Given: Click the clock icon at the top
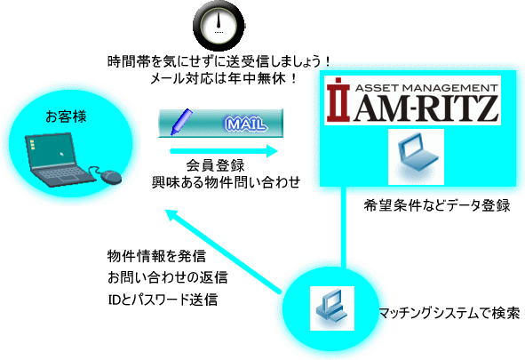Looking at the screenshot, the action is tap(219, 26).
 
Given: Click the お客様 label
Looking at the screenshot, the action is tap(66, 116).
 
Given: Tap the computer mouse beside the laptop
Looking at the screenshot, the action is tap(111, 177).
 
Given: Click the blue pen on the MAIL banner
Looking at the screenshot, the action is tap(181, 122).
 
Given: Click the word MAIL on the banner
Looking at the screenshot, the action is tap(246, 124).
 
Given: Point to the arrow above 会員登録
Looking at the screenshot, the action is tap(224, 151).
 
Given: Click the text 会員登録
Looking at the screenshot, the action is tap(216, 165).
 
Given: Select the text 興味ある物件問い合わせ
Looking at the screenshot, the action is tap(226, 182).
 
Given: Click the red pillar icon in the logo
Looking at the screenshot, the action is tap(338, 100).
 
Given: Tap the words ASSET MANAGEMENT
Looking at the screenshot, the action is tap(426, 88).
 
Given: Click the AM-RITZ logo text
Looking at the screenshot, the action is tap(426, 108).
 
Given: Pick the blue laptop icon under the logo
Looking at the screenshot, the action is tap(417, 156).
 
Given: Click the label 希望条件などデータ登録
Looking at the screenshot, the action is tap(437, 205).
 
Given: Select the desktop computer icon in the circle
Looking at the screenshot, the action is tap(332, 308).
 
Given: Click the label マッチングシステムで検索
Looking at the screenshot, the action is tap(449, 314).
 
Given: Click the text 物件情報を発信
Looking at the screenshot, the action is tap(156, 256).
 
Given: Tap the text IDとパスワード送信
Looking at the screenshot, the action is tap(163, 300).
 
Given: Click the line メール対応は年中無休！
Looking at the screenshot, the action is tap(224, 79).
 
